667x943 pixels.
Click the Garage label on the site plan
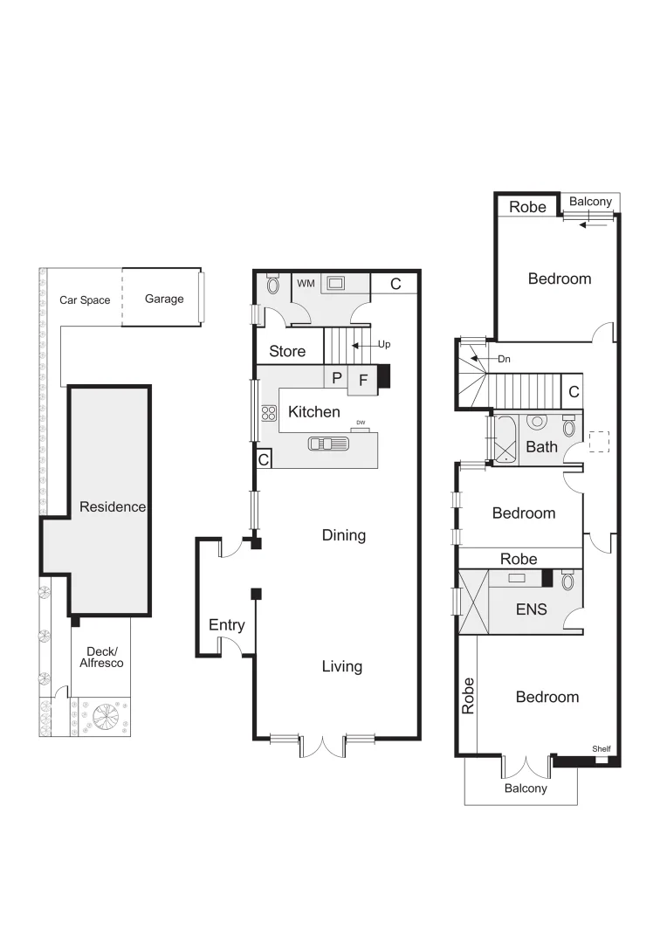coord(164,299)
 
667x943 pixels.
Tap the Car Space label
coord(85,300)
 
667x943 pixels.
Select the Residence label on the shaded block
coord(112,506)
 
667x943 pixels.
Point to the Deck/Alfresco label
coord(102,657)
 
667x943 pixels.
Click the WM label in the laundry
coord(306,284)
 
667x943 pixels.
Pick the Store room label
coord(287,351)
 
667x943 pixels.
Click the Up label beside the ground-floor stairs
coord(384,345)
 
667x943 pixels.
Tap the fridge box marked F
coord(363,380)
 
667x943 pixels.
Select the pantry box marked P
coord(336,378)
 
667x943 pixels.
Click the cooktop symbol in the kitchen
coord(269,414)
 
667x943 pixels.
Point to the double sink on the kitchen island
coord(327,443)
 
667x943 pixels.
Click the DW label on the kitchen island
coord(361,423)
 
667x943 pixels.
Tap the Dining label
coord(343,535)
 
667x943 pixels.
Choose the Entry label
coord(226,625)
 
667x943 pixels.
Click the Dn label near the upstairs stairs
coord(504,359)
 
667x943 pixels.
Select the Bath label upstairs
coord(541,447)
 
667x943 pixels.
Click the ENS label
coord(531,609)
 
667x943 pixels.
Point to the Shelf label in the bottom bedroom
coord(602,749)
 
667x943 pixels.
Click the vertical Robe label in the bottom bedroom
coord(468,697)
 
